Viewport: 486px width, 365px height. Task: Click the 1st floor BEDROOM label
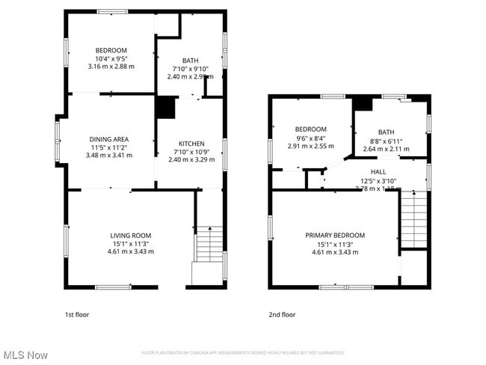point(111,50)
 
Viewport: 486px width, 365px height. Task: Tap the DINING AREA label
point(109,139)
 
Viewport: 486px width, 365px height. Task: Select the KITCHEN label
point(191,144)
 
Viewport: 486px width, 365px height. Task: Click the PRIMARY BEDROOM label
point(334,235)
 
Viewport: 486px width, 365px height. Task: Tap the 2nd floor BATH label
point(386,132)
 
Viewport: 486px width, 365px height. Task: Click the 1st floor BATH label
point(191,61)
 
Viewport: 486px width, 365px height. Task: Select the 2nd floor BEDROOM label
point(310,129)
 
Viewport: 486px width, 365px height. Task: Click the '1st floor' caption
point(76,315)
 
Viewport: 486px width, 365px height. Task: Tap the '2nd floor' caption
point(282,315)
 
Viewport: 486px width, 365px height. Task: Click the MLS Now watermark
point(27,354)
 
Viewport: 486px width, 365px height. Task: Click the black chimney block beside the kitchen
point(164,108)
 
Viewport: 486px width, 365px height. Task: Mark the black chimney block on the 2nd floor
point(363,104)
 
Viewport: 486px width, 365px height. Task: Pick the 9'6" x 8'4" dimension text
point(310,138)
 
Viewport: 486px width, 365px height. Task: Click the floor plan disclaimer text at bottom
point(242,352)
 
